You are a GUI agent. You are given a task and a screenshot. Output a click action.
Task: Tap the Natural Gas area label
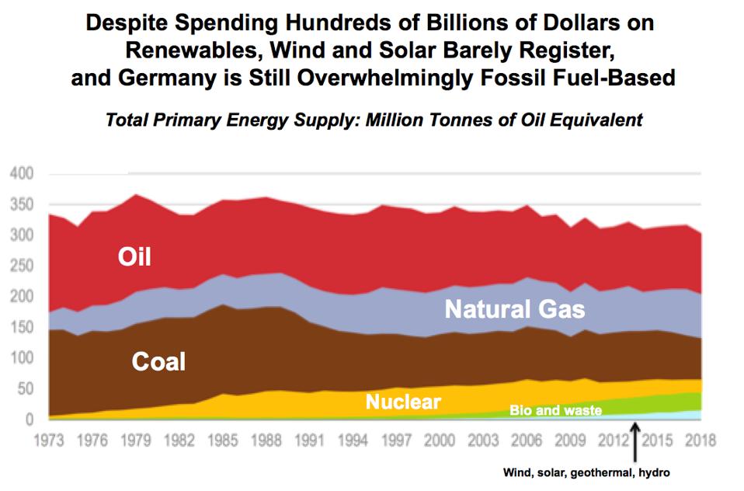[514, 309]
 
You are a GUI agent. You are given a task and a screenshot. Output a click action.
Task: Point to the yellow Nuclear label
[403, 402]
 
